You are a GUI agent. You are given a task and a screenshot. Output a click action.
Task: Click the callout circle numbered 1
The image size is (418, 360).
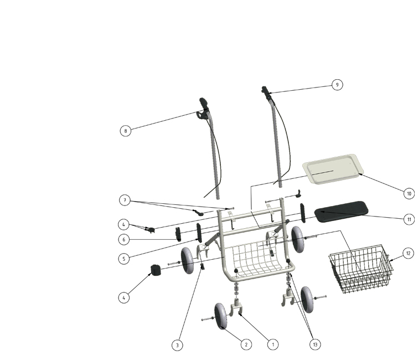[273, 344]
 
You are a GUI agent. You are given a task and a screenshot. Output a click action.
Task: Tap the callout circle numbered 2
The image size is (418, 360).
[246, 344]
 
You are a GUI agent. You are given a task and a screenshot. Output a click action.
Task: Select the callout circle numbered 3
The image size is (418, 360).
[177, 345]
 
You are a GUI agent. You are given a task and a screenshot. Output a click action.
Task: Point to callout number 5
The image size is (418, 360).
[123, 259]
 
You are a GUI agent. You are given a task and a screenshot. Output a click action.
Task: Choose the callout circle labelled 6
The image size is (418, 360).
[123, 239]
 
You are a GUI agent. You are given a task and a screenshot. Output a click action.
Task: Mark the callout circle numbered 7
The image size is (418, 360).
[125, 200]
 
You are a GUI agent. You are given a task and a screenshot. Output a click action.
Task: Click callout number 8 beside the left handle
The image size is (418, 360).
[126, 131]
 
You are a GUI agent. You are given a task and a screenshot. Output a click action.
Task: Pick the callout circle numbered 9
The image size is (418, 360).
[337, 85]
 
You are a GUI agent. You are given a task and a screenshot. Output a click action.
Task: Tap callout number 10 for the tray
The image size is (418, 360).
[409, 193]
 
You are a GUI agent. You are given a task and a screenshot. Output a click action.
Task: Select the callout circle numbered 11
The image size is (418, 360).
[409, 219]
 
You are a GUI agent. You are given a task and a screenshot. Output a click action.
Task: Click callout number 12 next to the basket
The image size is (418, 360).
[408, 253]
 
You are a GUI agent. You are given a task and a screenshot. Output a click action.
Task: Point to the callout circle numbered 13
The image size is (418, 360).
[315, 344]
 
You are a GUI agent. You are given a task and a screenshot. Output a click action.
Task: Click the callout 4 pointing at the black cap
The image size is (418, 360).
[123, 297]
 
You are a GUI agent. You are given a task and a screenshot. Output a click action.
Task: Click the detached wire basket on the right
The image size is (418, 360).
[360, 269]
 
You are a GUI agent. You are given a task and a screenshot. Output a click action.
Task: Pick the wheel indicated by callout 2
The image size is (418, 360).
[220, 316]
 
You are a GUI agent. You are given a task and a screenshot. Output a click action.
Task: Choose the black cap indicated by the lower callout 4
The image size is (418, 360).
[156, 270]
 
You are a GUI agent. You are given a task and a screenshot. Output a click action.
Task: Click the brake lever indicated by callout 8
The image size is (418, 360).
[201, 115]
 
